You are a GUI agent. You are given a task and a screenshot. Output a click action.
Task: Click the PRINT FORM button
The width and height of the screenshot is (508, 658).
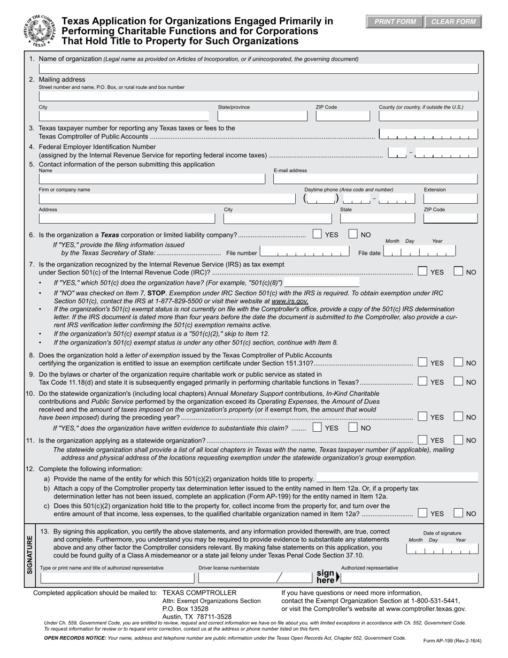(395, 22)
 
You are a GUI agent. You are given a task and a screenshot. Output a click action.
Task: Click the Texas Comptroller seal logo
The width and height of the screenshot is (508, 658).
(39, 31)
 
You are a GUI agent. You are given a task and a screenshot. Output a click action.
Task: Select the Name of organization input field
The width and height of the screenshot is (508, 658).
(258, 68)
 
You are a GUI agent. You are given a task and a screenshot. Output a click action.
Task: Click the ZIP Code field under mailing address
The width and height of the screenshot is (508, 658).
(342, 116)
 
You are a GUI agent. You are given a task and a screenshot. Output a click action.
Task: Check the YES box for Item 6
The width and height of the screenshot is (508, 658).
(317, 234)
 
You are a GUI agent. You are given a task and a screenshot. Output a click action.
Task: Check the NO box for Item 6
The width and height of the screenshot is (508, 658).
(353, 234)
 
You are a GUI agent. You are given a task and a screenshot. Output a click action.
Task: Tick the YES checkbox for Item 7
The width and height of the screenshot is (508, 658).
(422, 272)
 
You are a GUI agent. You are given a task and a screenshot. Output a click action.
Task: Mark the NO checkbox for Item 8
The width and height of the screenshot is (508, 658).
(458, 363)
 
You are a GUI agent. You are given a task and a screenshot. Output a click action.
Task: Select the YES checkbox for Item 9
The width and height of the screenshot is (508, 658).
(422, 382)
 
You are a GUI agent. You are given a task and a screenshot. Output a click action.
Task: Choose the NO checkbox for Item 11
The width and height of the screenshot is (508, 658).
(458, 440)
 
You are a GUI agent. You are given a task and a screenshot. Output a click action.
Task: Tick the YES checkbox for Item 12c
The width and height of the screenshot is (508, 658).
(422, 513)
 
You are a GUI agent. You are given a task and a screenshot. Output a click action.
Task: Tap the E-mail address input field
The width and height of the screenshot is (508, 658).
(375, 179)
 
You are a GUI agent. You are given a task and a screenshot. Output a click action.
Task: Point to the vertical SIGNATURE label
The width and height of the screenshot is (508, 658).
(29, 554)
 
